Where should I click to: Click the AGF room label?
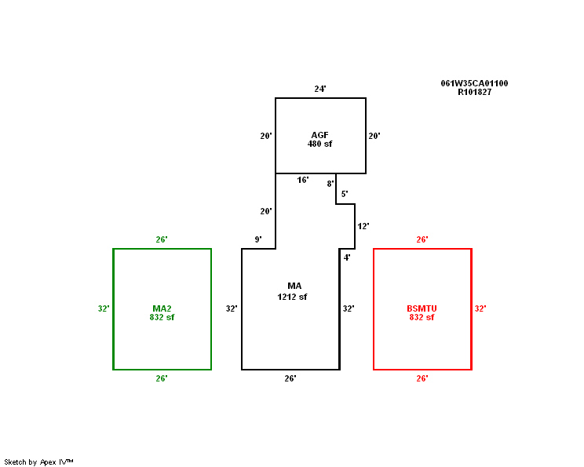click(319, 135)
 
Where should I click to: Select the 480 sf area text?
click(319, 144)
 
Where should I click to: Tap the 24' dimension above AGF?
click(320, 89)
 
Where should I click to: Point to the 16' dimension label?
click(302, 181)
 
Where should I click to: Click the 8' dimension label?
click(330, 184)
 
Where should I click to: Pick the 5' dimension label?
click(345, 194)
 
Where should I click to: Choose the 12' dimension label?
click(363, 226)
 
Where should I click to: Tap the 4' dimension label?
click(347, 257)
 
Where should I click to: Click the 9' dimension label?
click(258, 239)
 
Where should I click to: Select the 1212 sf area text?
click(292, 297)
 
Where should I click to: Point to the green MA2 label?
click(162, 308)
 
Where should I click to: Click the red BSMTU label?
click(422, 308)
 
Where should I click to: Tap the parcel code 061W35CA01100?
click(474, 83)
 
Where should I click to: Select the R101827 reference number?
click(474, 92)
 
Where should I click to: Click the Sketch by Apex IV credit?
click(38, 462)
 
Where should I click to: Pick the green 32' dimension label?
click(104, 308)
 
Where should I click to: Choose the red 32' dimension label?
click(480, 308)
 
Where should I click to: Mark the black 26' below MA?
click(290, 379)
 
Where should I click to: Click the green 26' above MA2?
click(162, 240)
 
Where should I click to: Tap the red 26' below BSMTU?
click(422, 379)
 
